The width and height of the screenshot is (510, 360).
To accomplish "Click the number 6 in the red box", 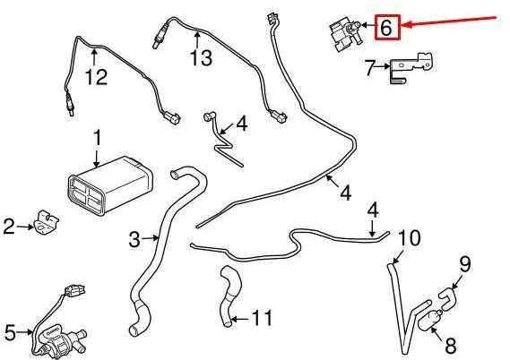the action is pyautogui.click(x=385, y=27).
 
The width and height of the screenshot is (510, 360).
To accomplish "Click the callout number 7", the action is pyautogui.click(x=371, y=68).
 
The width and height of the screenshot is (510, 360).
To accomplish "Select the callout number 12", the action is pyautogui.click(x=96, y=77).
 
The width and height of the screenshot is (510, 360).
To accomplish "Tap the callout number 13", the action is pyautogui.click(x=202, y=57).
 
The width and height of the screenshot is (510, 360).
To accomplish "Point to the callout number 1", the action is pyautogui.click(x=98, y=138).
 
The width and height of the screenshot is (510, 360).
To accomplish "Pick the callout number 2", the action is pyautogui.click(x=9, y=227).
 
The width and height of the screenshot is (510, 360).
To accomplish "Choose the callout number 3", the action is pyautogui.click(x=134, y=239).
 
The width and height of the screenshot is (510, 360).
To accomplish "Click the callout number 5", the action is pyautogui.click(x=10, y=333).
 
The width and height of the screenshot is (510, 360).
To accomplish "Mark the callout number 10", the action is pyautogui.click(x=410, y=238).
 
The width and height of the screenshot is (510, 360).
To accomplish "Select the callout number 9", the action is pyautogui.click(x=465, y=264).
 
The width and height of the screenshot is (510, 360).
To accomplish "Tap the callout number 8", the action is pyautogui.click(x=451, y=346).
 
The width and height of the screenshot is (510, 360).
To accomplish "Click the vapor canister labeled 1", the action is pyautogui.click(x=110, y=185).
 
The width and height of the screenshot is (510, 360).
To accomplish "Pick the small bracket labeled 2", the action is pyautogui.click(x=47, y=223).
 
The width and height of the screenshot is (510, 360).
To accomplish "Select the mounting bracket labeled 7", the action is pyautogui.click(x=411, y=67).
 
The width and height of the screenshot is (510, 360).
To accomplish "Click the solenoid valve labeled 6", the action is pyautogui.click(x=345, y=34).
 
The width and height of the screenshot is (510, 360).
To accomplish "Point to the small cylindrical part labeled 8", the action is pyautogui.click(x=429, y=320).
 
